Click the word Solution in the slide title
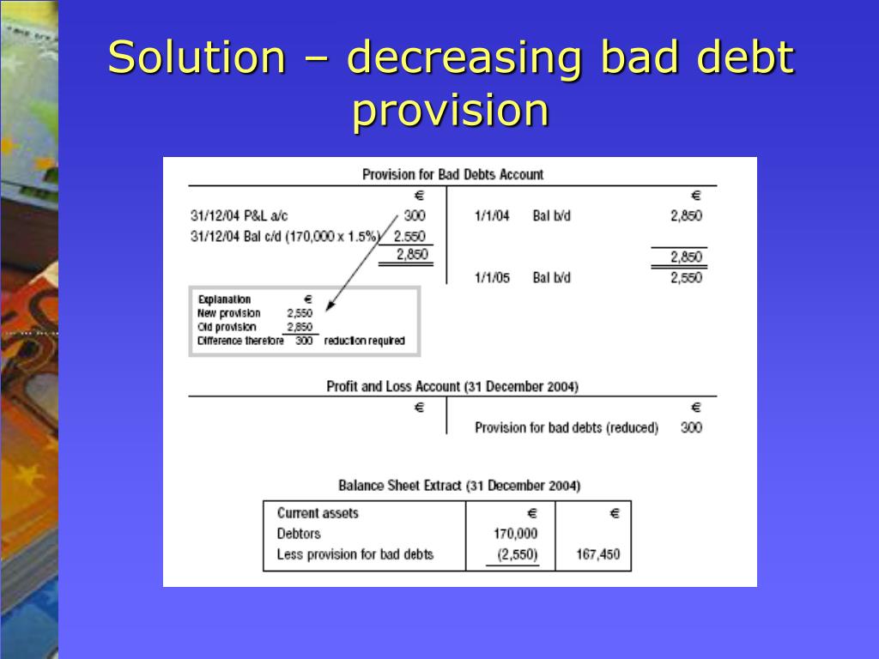pyautogui.click(x=197, y=58)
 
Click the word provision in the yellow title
pyautogui.click(x=450, y=111)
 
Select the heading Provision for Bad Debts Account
pyautogui.click(x=452, y=174)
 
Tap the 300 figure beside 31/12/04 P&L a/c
pyautogui.click(x=415, y=216)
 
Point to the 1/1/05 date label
pyautogui.click(x=492, y=278)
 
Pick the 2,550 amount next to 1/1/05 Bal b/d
pyautogui.click(x=686, y=278)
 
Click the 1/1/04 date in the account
pyautogui.click(x=492, y=216)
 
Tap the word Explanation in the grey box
pyautogui.click(x=224, y=299)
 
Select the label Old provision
pyautogui.click(x=227, y=327)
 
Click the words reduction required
pyautogui.click(x=364, y=341)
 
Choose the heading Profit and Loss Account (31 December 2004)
pyautogui.click(x=452, y=387)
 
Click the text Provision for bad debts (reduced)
pyautogui.click(x=567, y=427)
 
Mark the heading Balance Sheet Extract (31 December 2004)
pyautogui.click(x=459, y=486)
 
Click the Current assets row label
pyautogui.click(x=318, y=513)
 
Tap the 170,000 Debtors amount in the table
pyautogui.click(x=516, y=534)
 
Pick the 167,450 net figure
pyautogui.click(x=597, y=554)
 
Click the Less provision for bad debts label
pyautogui.click(x=355, y=554)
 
